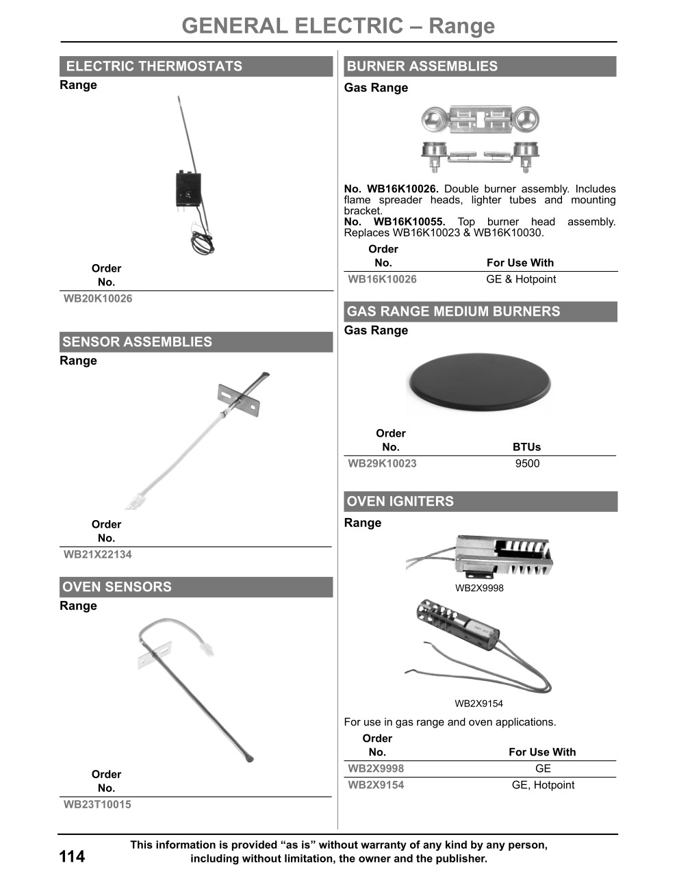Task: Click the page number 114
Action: point(72,856)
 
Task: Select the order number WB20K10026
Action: point(98,298)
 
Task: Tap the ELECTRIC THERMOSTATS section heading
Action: point(154,66)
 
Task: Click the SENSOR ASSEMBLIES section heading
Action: point(137,342)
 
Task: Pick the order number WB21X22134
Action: point(97,554)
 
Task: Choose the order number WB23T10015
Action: point(97,804)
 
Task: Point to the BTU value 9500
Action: point(527,463)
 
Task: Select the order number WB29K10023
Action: point(382,463)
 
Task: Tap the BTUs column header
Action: point(526,447)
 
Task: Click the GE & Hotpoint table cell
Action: point(521,279)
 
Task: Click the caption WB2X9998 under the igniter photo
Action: point(479,588)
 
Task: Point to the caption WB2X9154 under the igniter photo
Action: point(478,704)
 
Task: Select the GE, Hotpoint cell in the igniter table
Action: point(543,785)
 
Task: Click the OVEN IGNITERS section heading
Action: point(400,502)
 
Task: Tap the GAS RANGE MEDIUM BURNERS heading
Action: point(453,312)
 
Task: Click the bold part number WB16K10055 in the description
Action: point(409,222)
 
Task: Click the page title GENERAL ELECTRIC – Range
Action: point(338,26)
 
